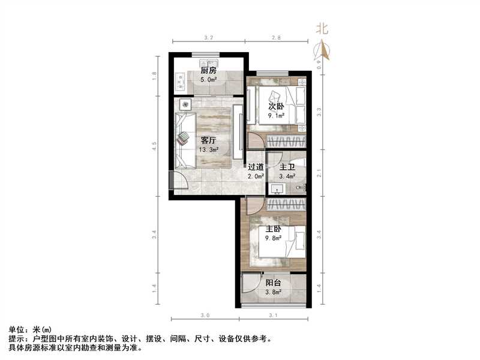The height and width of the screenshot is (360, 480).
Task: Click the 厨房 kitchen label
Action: click(208, 70)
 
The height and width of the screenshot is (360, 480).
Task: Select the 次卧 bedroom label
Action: click(275, 106)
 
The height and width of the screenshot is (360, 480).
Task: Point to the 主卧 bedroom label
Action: click(273, 229)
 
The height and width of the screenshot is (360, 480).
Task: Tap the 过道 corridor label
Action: click(256, 168)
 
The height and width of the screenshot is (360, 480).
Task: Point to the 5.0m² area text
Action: click(208, 78)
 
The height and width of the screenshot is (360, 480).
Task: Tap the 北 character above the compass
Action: click(323, 28)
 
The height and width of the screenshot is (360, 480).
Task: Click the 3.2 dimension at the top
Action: click(209, 38)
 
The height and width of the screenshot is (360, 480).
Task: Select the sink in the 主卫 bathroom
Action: click(278, 190)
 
